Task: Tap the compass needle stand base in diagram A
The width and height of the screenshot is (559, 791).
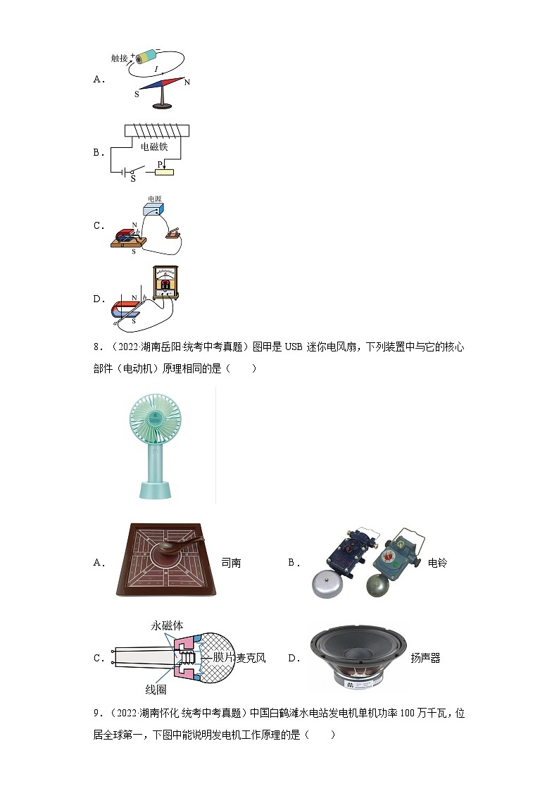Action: pos(163,106)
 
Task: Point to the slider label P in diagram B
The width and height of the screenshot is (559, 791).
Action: pos(160,164)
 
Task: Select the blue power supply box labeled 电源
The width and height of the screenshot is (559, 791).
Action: pos(153,209)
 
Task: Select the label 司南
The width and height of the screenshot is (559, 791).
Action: pos(231,563)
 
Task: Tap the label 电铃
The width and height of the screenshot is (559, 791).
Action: pos(437,563)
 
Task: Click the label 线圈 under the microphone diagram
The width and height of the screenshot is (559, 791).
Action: pos(156,690)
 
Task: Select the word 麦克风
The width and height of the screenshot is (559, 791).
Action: pos(251,658)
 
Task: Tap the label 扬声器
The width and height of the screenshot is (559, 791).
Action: pos(425,658)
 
